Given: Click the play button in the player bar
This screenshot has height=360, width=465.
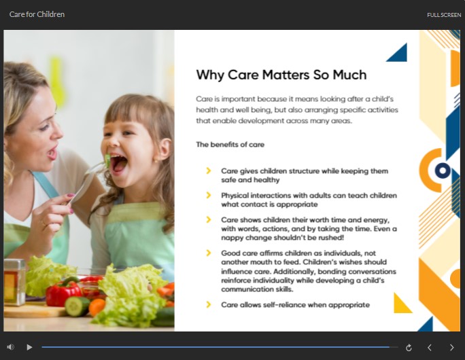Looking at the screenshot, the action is tap(29, 347).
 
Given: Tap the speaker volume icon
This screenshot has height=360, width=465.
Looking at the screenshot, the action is tap(11, 347).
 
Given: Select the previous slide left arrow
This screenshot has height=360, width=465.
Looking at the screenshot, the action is tap(430, 347).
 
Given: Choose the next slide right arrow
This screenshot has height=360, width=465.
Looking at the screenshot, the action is tap(451, 347).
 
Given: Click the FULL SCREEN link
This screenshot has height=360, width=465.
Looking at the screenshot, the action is tap(444, 15).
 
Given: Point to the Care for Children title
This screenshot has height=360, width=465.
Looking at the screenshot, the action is tap(37, 14).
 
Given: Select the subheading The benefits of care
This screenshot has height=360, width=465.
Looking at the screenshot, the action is tap(230, 144).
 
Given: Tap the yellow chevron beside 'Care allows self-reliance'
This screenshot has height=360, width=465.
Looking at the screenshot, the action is tap(209, 304).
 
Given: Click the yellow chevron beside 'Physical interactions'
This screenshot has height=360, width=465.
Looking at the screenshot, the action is tap(209, 195).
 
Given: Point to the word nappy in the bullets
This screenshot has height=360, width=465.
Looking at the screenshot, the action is tap(231, 238).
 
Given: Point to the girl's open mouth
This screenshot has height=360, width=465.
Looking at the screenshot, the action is tap(118, 164).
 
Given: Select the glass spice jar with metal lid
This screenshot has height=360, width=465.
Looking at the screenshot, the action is tap(14, 282).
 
